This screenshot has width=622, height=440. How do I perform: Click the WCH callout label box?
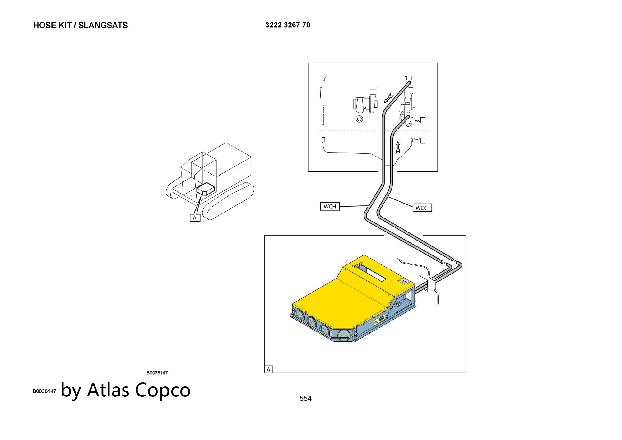point(330,206)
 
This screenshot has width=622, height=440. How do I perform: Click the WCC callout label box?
point(422,208)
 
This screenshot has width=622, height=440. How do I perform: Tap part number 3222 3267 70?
point(288,25)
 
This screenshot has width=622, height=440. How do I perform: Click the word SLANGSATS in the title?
point(103,25)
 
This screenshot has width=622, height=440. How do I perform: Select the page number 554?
point(305,398)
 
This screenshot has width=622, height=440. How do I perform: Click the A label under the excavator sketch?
point(195,218)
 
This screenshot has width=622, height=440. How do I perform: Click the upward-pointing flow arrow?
point(398,147)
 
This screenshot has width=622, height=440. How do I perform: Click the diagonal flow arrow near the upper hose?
point(389,97)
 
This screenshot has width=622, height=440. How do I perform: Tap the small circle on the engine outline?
point(359,119)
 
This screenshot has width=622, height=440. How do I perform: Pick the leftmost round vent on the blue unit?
point(300,315)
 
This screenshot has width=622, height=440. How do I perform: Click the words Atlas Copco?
point(139,390)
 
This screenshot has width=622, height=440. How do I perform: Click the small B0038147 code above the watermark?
point(157,373)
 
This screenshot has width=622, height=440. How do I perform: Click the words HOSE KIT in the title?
point(52,25)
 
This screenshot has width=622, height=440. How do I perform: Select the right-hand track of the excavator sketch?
point(228,201)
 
